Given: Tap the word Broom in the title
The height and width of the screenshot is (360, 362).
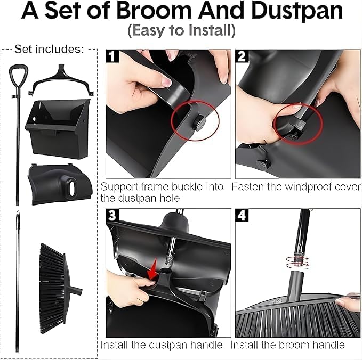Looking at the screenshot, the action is (154, 11).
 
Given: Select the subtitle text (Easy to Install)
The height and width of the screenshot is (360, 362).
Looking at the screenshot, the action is (181, 31).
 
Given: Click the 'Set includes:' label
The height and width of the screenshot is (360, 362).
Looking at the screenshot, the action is (49, 49).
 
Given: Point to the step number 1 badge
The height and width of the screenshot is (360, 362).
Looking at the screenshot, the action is (112, 56).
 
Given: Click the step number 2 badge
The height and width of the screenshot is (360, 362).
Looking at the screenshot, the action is (242, 56).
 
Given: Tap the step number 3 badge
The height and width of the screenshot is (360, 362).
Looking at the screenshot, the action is (112, 215).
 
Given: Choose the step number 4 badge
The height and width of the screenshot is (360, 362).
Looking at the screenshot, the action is (242, 215).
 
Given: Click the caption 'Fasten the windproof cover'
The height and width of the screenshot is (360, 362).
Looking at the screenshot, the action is (296, 186).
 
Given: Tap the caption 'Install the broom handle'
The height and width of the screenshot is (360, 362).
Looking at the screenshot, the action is (288, 345).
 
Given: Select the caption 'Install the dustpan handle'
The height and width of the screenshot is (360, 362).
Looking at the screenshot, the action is (162, 345).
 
